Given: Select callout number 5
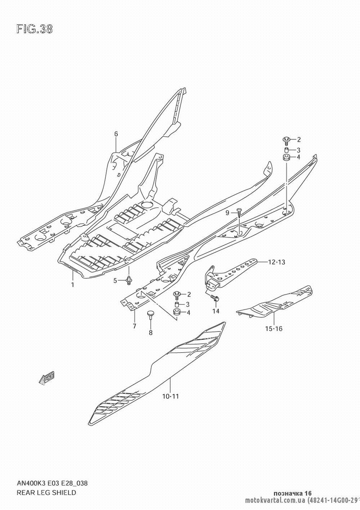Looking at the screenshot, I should coord(115,280).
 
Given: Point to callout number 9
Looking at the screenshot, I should coord(227,213).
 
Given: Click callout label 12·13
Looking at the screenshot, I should coord(276,262).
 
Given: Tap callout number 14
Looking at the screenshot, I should coord(216,311).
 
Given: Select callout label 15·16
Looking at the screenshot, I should coord(274,328).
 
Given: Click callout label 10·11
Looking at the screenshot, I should coord(171,397).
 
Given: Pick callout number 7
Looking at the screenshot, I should coord(134,326).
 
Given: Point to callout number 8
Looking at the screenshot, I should coord(150,333).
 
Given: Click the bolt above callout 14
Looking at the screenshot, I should coord(215,298).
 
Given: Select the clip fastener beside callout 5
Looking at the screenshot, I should coord(129,280).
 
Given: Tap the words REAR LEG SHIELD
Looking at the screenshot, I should coord(46,492).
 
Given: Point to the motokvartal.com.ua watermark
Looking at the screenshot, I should coord(275,501).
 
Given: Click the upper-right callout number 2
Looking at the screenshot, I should coord(299,140).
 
